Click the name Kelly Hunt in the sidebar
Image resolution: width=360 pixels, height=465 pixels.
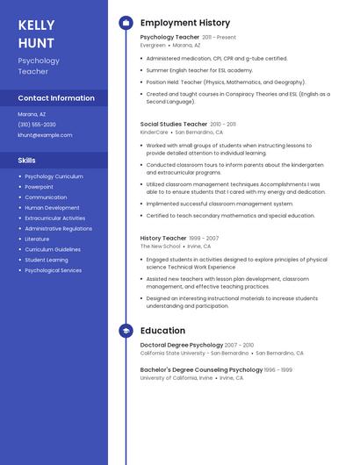pos(36,34)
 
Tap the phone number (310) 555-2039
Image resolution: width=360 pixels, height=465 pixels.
pos(36,125)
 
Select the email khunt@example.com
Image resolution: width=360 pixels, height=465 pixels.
pos(45,135)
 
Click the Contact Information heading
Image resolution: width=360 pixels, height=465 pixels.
pos(56,98)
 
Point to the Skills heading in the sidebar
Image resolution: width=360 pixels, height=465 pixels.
pos(26,161)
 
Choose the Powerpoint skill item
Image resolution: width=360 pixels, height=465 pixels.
pos(39,187)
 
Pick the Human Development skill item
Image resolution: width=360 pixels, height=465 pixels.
pos(52,208)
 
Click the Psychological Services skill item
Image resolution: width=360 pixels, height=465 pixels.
pos(53,270)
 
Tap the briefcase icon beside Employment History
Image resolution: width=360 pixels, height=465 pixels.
pos(126,23)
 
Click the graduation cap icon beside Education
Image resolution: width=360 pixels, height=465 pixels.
pos(126,331)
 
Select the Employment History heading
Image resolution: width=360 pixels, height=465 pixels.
pos(185,23)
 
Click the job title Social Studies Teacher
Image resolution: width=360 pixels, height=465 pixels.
pos(174,125)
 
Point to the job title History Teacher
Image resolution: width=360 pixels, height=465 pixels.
pos(163,238)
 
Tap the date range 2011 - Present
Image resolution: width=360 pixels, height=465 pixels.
pos(220,38)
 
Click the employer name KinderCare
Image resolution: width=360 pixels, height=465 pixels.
pos(154,132)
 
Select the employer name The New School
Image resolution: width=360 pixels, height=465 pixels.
pos(161,247)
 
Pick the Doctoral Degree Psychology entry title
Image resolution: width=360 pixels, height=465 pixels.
pos(182,345)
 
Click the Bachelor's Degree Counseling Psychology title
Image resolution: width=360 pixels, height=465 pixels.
pos(201,369)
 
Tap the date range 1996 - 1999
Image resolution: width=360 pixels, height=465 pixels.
pos(278,369)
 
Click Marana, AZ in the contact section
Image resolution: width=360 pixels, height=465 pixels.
pos(32,114)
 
